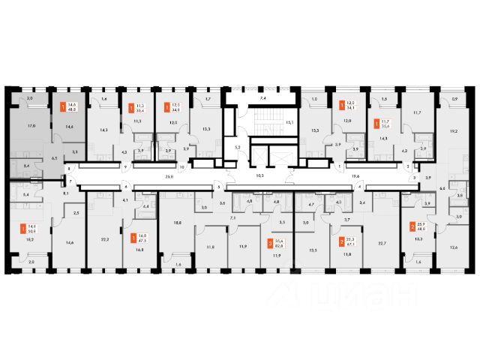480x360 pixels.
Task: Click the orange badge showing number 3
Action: [271, 242]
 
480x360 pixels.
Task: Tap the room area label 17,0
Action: [30, 127]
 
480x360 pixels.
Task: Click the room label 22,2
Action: [104, 239]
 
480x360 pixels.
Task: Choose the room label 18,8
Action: [178, 222]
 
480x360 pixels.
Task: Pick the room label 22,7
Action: [382, 242]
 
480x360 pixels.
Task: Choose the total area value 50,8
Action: [31, 231]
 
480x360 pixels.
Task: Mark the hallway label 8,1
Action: [66, 193]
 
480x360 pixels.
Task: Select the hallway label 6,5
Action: [54, 158]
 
